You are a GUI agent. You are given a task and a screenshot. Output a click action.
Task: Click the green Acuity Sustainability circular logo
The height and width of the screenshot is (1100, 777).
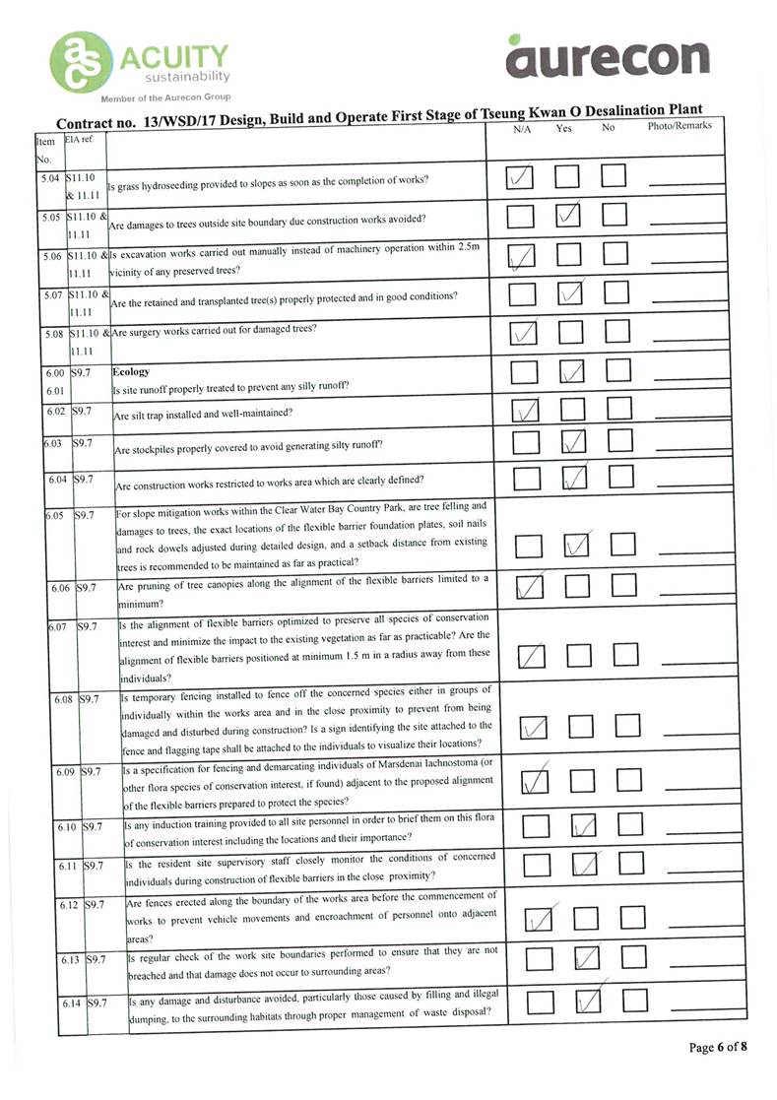click(x=82, y=64)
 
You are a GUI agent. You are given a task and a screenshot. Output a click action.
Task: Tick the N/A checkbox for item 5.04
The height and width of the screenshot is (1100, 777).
click(x=521, y=177)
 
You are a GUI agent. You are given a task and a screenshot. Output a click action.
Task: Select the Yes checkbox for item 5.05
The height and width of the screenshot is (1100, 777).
click(x=568, y=215)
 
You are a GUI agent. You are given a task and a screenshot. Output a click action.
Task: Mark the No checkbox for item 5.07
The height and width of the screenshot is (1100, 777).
click(x=616, y=292)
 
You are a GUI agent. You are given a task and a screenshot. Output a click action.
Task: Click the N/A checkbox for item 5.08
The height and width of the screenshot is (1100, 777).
click(x=522, y=334)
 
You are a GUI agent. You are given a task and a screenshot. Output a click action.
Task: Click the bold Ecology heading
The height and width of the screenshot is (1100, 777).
click(x=131, y=372)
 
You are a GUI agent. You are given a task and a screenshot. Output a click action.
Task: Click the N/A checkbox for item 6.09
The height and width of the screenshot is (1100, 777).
click(x=533, y=781)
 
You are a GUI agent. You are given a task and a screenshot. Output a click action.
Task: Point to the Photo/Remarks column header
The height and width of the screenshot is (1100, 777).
click(x=680, y=126)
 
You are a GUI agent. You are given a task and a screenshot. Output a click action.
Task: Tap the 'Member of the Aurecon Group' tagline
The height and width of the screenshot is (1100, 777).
click(x=166, y=97)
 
